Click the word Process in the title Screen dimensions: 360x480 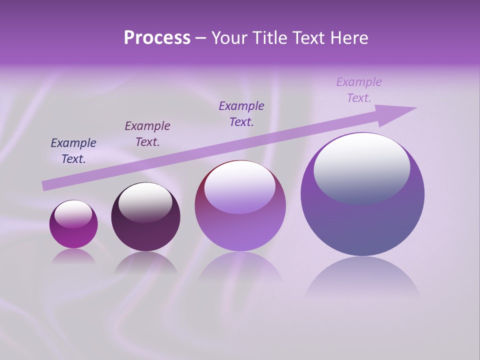(157, 38)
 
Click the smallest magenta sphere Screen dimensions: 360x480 (73, 224)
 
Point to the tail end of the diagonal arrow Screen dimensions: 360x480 (44, 186)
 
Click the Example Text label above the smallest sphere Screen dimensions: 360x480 (73, 151)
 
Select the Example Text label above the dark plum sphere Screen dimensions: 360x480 (147, 134)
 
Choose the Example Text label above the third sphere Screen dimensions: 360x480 (241, 114)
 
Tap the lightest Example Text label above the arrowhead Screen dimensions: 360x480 (359, 90)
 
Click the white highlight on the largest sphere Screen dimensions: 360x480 (361, 167)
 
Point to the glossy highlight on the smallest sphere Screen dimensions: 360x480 (73, 214)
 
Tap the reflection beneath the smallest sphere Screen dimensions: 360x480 (73, 256)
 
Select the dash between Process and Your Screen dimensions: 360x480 (201, 38)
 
